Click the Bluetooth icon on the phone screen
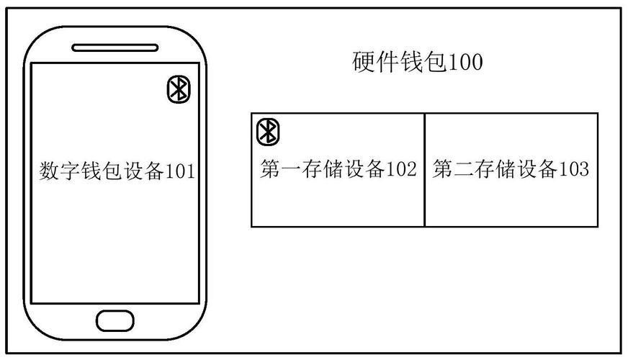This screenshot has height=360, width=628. [x=179, y=89]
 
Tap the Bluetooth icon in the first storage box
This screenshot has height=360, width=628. [x=268, y=132]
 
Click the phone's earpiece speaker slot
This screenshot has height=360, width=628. [x=115, y=48]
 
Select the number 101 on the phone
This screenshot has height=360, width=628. [x=180, y=171]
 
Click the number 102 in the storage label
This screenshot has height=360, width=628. [x=401, y=169]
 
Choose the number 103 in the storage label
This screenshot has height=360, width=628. [x=573, y=169]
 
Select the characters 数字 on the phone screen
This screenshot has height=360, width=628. [x=60, y=171]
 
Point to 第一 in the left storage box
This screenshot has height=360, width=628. [x=281, y=168]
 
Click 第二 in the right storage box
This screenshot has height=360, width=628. [x=454, y=168]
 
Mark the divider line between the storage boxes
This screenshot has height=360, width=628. [x=424, y=170]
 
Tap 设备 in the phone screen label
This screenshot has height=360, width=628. [x=144, y=171]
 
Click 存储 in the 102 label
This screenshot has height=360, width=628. [x=323, y=168]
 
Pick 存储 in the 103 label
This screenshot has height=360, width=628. [x=495, y=168]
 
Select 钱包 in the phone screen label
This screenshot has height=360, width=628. [x=102, y=171]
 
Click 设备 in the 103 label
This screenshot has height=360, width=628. [x=537, y=168]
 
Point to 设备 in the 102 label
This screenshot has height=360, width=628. [x=365, y=168]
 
